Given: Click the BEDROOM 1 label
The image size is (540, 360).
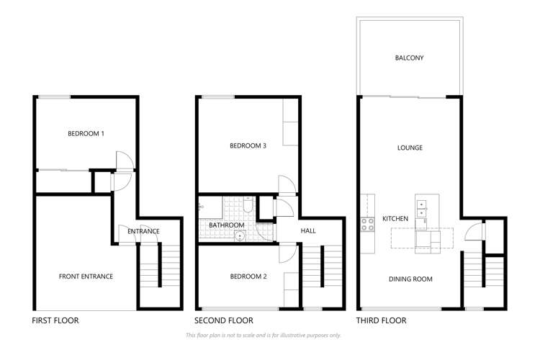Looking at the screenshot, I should [x=86, y=133].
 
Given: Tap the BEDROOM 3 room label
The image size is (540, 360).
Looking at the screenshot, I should [x=248, y=145].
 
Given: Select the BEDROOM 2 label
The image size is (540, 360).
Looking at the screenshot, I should [x=248, y=276].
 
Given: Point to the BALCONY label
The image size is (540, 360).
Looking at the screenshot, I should [x=409, y=58].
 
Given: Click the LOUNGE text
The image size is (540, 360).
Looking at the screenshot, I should [x=409, y=148].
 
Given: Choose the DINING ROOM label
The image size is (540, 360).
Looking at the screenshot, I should [x=410, y=279].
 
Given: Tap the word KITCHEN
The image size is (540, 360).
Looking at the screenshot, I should [x=395, y=218].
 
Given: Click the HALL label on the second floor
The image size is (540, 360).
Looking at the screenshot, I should [x=309, y=230].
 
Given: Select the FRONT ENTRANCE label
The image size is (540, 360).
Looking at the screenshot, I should [x=86, y=276].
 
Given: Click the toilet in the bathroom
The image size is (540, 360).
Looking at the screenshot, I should [x=247, y=207].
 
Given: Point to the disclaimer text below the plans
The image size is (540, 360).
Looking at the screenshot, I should [x=263, y=336].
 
